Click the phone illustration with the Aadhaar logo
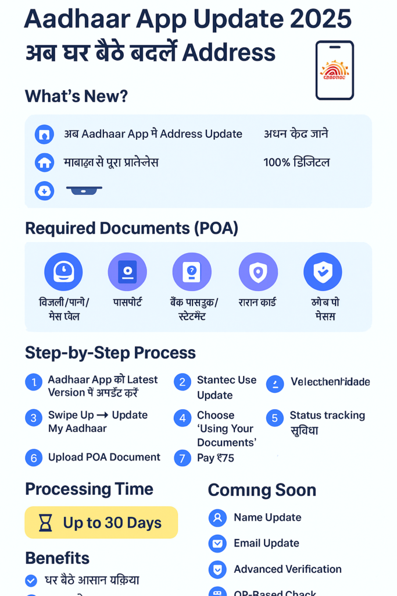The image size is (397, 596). [x=334, y=70]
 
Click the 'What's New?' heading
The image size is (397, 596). [x=76, y=96]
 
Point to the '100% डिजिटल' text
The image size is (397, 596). [x=296, y=162]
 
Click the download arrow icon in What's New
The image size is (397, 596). [x=44, y=190]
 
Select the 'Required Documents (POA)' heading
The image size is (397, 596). [x=131, y=228]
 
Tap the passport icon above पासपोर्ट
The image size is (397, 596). [x=127, y=272]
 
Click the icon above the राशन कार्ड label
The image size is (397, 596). [x=258, y=272]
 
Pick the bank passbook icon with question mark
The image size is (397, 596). [x=192, y=272]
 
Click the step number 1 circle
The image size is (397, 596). [x=34, y=382]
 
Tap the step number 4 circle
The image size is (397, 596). [x=183, y=418]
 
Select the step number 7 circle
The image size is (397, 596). [x=183, y=458]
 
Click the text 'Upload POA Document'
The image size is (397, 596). [x=104, y=457]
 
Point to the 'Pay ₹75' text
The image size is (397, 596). [x=216, y=458]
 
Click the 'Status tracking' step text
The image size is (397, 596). [x=327, y=416]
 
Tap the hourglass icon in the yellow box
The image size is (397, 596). [x=45, y=523]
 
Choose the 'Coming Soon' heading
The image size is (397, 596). [x=262, y=490]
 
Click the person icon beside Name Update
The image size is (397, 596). [x=217, y=517]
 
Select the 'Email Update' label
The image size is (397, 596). [x=266, y=543]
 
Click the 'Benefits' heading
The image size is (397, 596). [x=57, y=558]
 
